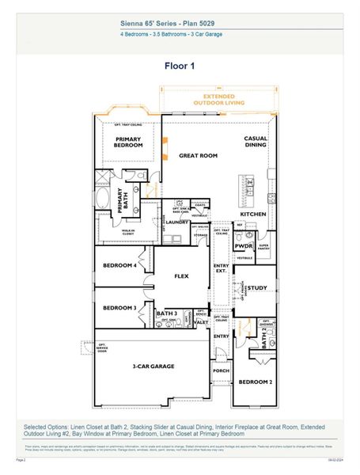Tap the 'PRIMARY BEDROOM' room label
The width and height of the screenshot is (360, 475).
point(127,142)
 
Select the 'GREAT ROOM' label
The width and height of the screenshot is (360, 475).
point(197,156)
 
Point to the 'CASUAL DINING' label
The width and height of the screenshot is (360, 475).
point(255,141)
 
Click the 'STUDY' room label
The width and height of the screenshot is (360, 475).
point(258,288)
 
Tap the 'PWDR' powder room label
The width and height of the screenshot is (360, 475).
point(243,246)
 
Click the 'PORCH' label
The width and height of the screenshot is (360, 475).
point(221,370)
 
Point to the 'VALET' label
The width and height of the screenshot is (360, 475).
point(201,322)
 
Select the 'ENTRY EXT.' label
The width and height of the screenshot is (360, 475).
point(222,269)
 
